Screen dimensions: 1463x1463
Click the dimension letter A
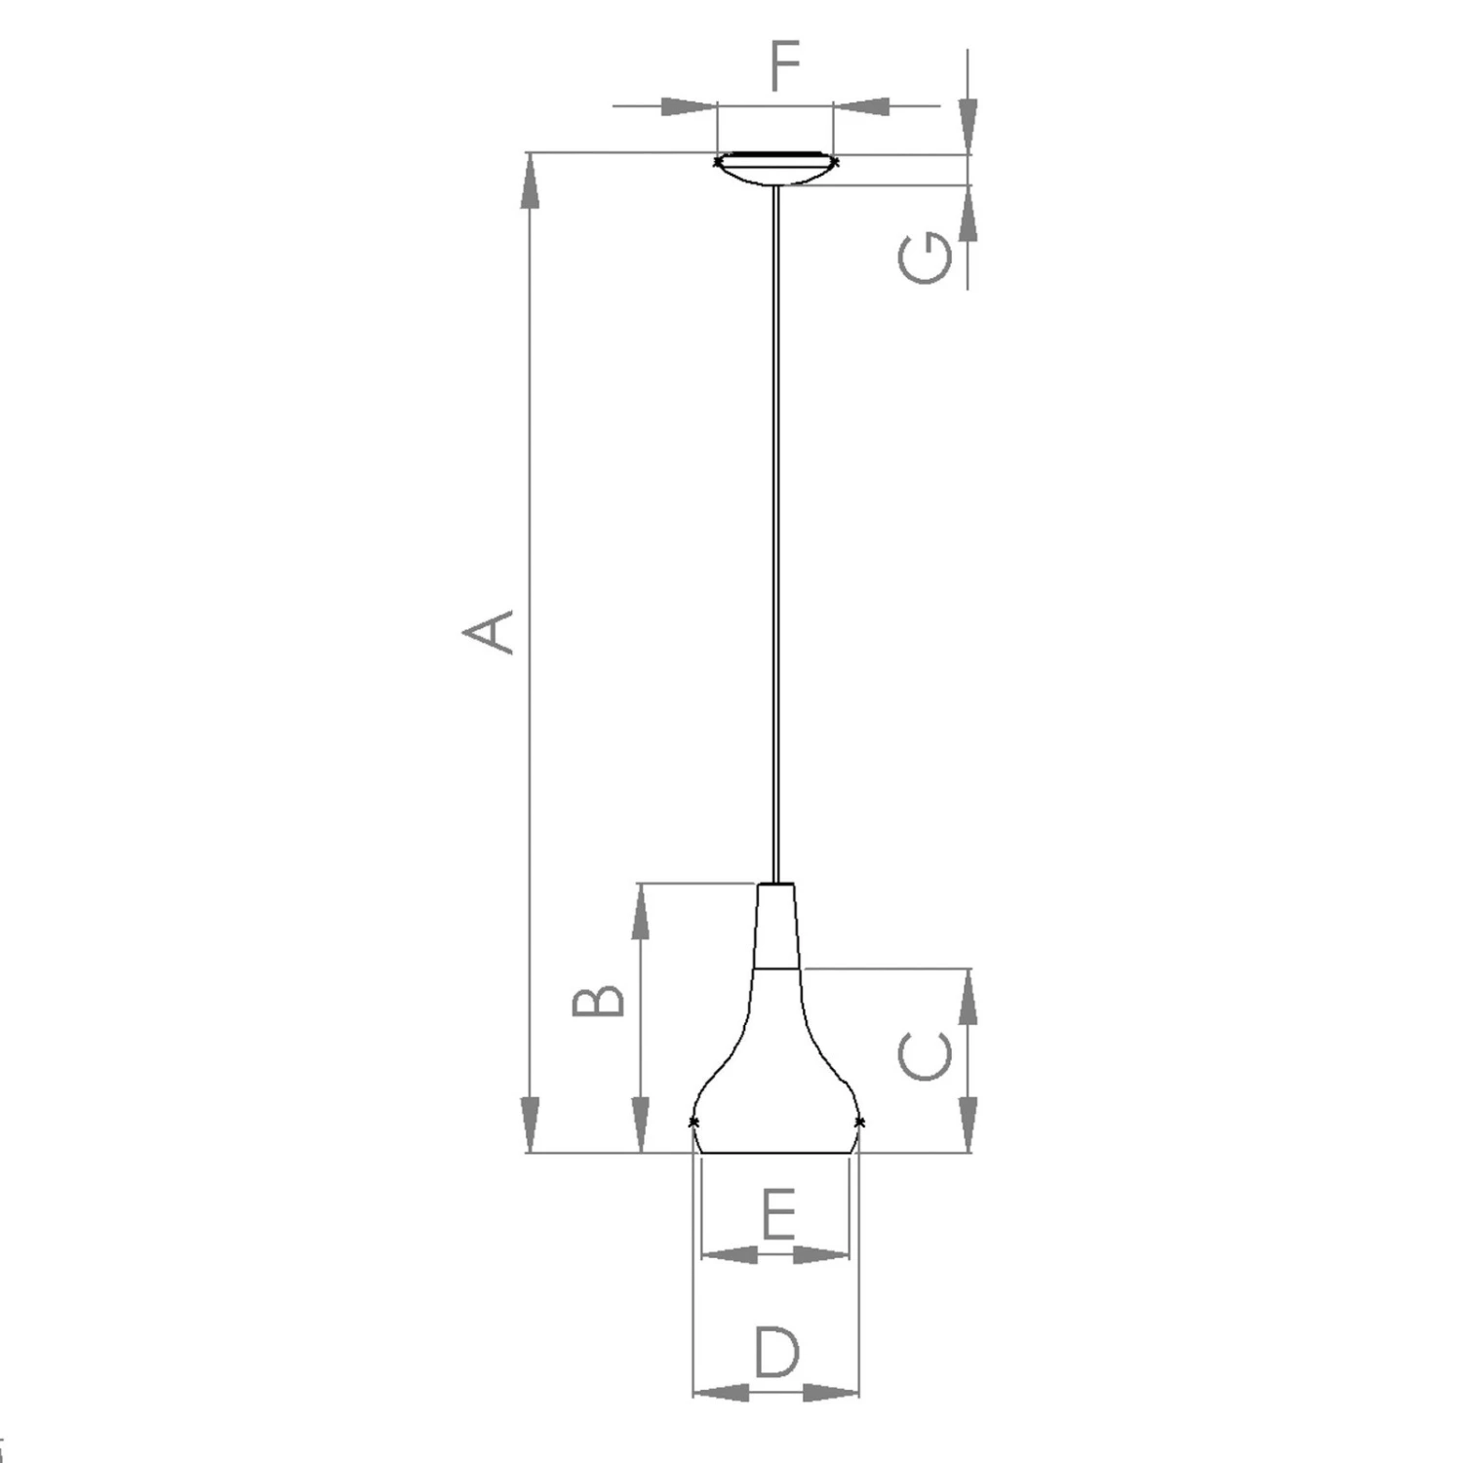489,631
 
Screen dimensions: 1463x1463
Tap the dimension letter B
598,1001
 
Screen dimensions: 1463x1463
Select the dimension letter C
925,1057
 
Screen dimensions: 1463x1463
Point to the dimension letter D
776,1352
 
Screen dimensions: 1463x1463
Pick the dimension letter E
778,1214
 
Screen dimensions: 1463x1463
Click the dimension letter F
785,65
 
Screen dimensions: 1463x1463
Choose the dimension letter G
925,258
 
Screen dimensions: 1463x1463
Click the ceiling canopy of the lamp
776,169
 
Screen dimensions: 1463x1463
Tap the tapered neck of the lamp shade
776,927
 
